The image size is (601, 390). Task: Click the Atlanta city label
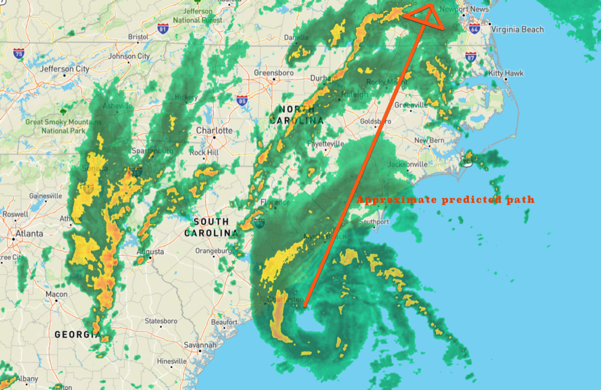29,233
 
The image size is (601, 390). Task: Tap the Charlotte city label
214,130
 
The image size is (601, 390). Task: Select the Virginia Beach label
517,30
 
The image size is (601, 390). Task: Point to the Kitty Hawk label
506,73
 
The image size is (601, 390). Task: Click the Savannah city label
200,345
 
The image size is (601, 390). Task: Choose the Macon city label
56,294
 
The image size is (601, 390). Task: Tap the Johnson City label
129,56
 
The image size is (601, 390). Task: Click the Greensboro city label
273,73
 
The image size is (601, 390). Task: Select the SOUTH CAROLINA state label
211,227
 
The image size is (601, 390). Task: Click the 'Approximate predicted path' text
445,200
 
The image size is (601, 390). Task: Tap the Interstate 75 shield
19,53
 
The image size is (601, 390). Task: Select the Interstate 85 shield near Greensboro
242,100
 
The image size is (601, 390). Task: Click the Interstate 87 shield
470,57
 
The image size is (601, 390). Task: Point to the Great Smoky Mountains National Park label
63,126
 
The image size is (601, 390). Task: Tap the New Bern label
429,140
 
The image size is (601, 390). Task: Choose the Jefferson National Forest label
197,16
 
